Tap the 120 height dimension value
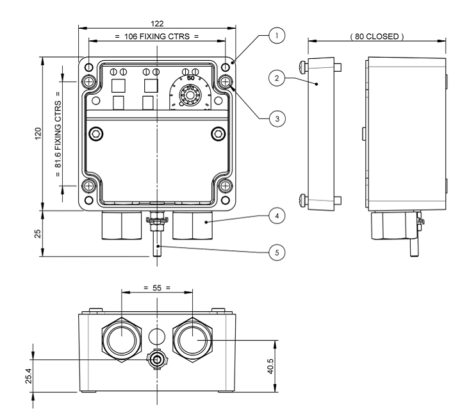click(x=39, y=134)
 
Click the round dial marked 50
click(x=191, y=95)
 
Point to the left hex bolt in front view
click(x=95, y=133)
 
